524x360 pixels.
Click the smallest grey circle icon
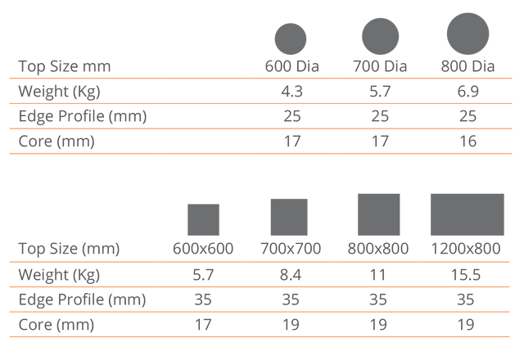point(291,38)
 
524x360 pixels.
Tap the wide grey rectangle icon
point(468,214)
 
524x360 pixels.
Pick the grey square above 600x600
point(203,220)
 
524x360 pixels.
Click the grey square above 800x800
point(379,214)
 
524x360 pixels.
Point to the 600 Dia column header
point(291,65)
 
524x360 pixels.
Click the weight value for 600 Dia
point(291,90)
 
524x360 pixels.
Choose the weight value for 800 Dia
point(467,90)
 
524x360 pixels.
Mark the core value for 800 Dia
point(467,140)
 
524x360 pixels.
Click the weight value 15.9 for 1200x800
point(468,273)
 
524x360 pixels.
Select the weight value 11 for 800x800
point(379,273)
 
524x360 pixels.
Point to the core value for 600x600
point(203,324)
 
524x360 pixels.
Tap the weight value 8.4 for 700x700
point(289,273)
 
